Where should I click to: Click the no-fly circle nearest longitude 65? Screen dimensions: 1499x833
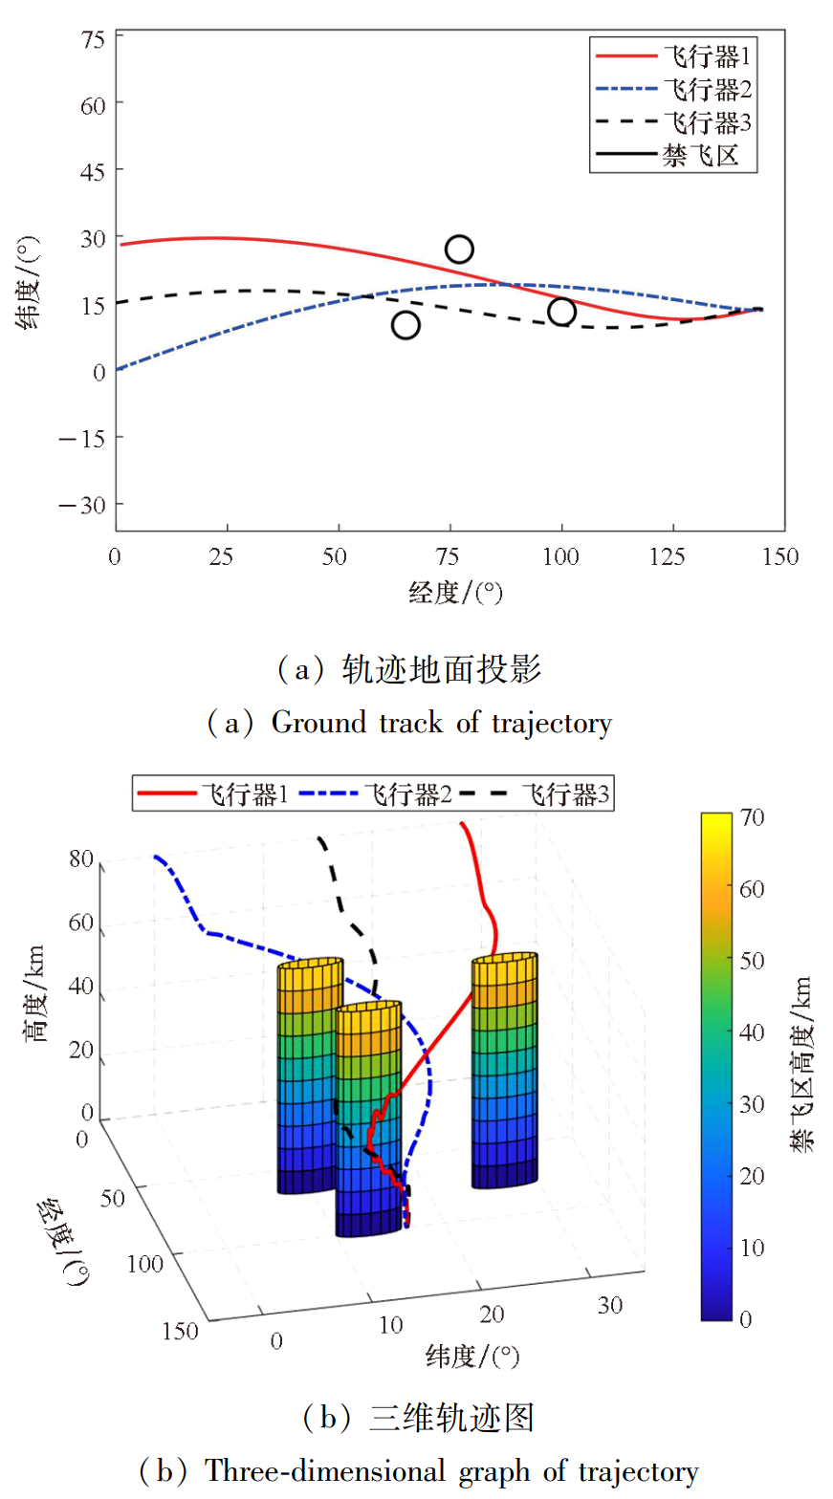tap(406, 325)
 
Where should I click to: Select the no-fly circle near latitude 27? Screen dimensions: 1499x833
tap(459, 250)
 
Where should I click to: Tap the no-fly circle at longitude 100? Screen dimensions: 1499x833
tap(561, 312)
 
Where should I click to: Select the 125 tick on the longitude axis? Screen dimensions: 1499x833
tap(672, 558)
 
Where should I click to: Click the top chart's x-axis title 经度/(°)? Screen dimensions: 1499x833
tap(455, 594)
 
